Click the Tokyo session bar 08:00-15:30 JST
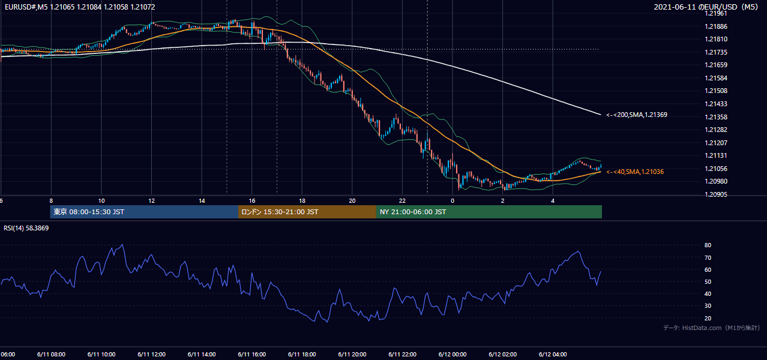pyautogui.click(x=144, y=212)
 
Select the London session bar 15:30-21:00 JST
pyautogui.click(x=307, y=212)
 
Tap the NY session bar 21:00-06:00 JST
pyautogui.click(x=489, y=212)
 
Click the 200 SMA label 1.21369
pyautogui.click(x=637, y=115)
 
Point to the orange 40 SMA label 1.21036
pyautogui.click(x=635, y=172)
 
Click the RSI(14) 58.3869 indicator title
pyautogui.click(x=26, y=228)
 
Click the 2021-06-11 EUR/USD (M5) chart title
pyautogui.click(x=706, y=7)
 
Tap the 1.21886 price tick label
pyautogui.click(x=716, y=26)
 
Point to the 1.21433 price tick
pyautogui.click(x=716, y=104)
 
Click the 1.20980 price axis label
pyautogui.click(x=716, y=181)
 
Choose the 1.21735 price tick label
pyautogui.click(x=716, y=52)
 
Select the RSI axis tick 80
pyautogui.click(x=708, y=245)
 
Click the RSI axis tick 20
pyautogui.click(x=708, y=318)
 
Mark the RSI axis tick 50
pyautogui.click(x=708, y=281)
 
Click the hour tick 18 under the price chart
pyautogui.click(x=302, y=201)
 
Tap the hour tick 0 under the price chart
pyautogui.click(x=453, y=201)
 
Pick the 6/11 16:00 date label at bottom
pyautogui.click(x=251, y=355)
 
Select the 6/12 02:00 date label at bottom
pyautogui.click(x=503, y=355)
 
